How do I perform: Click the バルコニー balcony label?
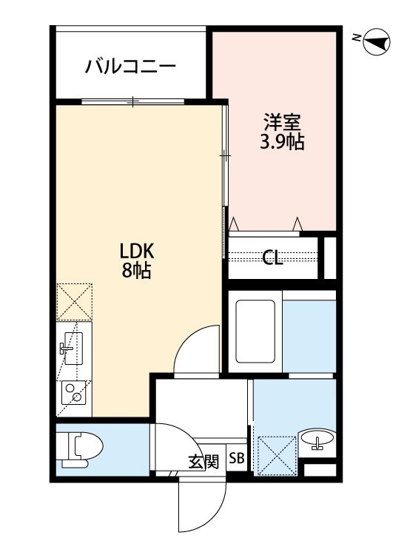click(x=130, y=66)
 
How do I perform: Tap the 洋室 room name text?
click(x=282, y=122)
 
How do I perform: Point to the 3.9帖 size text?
click(x=282, y=142)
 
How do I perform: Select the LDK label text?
click(x=137, y=252)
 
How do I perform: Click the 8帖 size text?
click(x=137, y=271)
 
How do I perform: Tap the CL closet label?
click(x=272, y=258)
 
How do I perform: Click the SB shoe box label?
click(x=236, y=458)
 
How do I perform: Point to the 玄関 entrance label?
click(x=203, y=461)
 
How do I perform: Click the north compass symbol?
click(x=377, y=42)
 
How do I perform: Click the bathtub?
click(x=255, y=332)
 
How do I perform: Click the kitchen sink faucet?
click(x=66, y=349)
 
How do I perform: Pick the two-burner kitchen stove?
click(x=73, y=392)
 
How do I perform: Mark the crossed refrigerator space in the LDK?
click(x=74, y=302)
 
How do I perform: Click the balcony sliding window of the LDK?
click(x=133, y=101)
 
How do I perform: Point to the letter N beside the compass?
click(x=357, y=37)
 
